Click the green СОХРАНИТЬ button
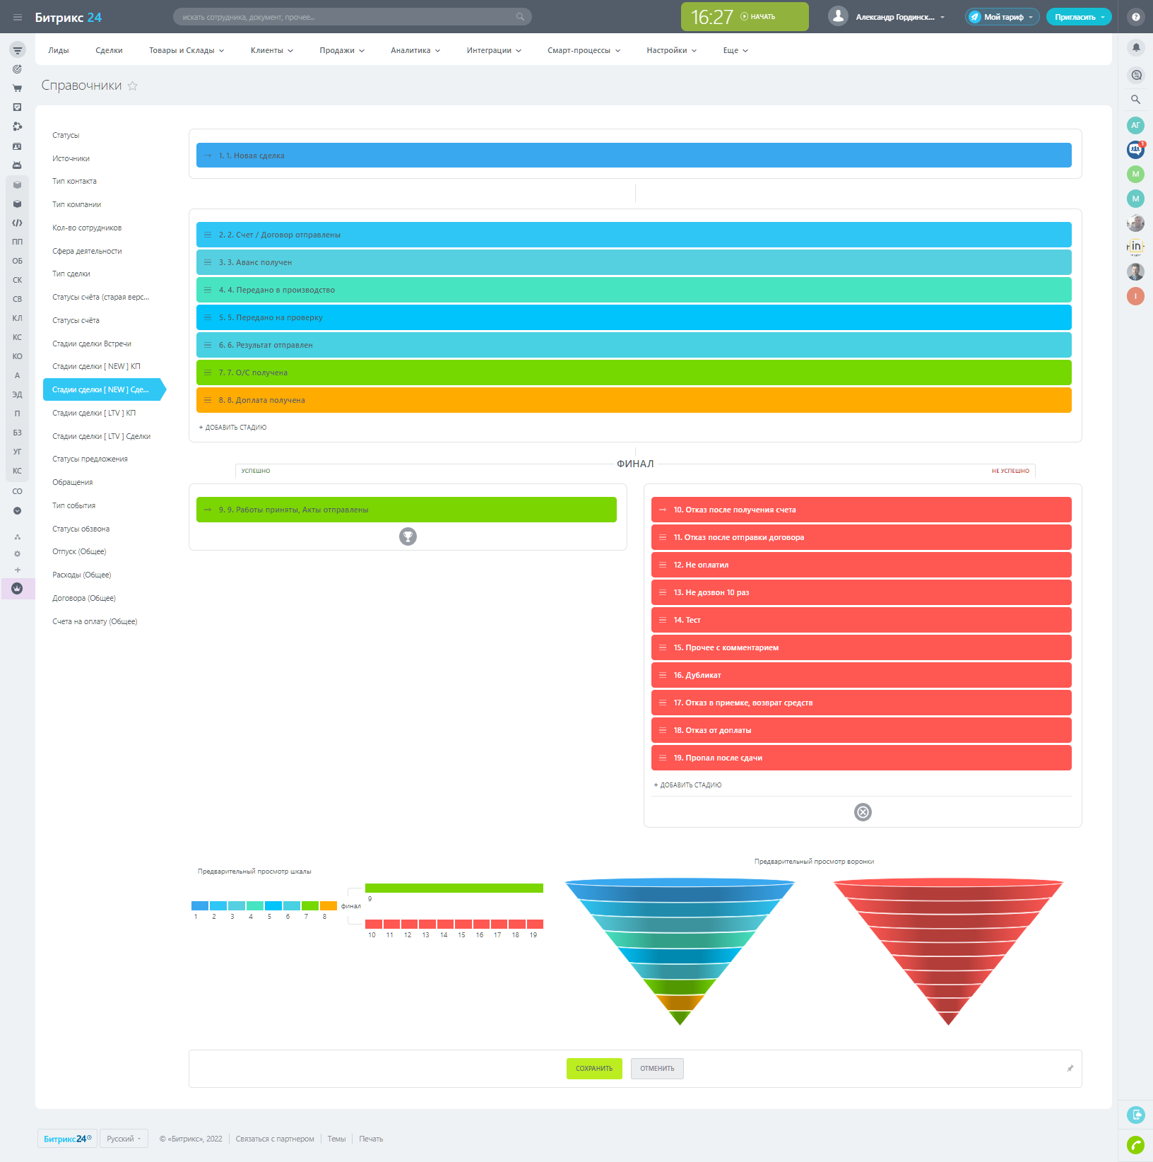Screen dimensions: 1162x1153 click(x=593, y=1069)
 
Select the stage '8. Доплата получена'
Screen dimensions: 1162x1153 click(x=633, y=400)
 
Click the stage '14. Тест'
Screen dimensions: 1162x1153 click(x=861, y=620)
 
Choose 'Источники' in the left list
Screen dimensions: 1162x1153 click(x=71, y=158)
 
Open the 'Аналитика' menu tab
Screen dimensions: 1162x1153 click(x=415, y=51)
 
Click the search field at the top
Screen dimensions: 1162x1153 click(x=351, y=17)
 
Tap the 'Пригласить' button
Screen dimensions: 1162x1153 click(x=1077, y=17)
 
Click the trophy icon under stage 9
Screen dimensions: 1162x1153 click(x=408, y=536)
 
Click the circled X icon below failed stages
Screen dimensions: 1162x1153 click(x=863, y=812)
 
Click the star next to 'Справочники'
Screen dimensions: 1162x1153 click(x=133, y=86)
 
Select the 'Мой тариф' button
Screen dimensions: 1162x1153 click(x=1002, y=17)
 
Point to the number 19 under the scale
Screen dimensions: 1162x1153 click(x=533, y=935)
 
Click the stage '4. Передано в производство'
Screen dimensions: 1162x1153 click(x=633, y=290)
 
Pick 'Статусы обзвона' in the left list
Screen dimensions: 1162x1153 click(x=81, y=529)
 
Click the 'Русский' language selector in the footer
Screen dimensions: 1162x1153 click(x=124, y=1139)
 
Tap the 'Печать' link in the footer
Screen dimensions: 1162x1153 click(x=371, y=1139)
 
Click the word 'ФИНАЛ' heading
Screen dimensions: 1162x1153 click(x=635, y=464)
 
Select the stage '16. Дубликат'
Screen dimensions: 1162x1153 click(x=861, y=675)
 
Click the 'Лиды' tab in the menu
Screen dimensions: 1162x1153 click(x=59, y=51)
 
